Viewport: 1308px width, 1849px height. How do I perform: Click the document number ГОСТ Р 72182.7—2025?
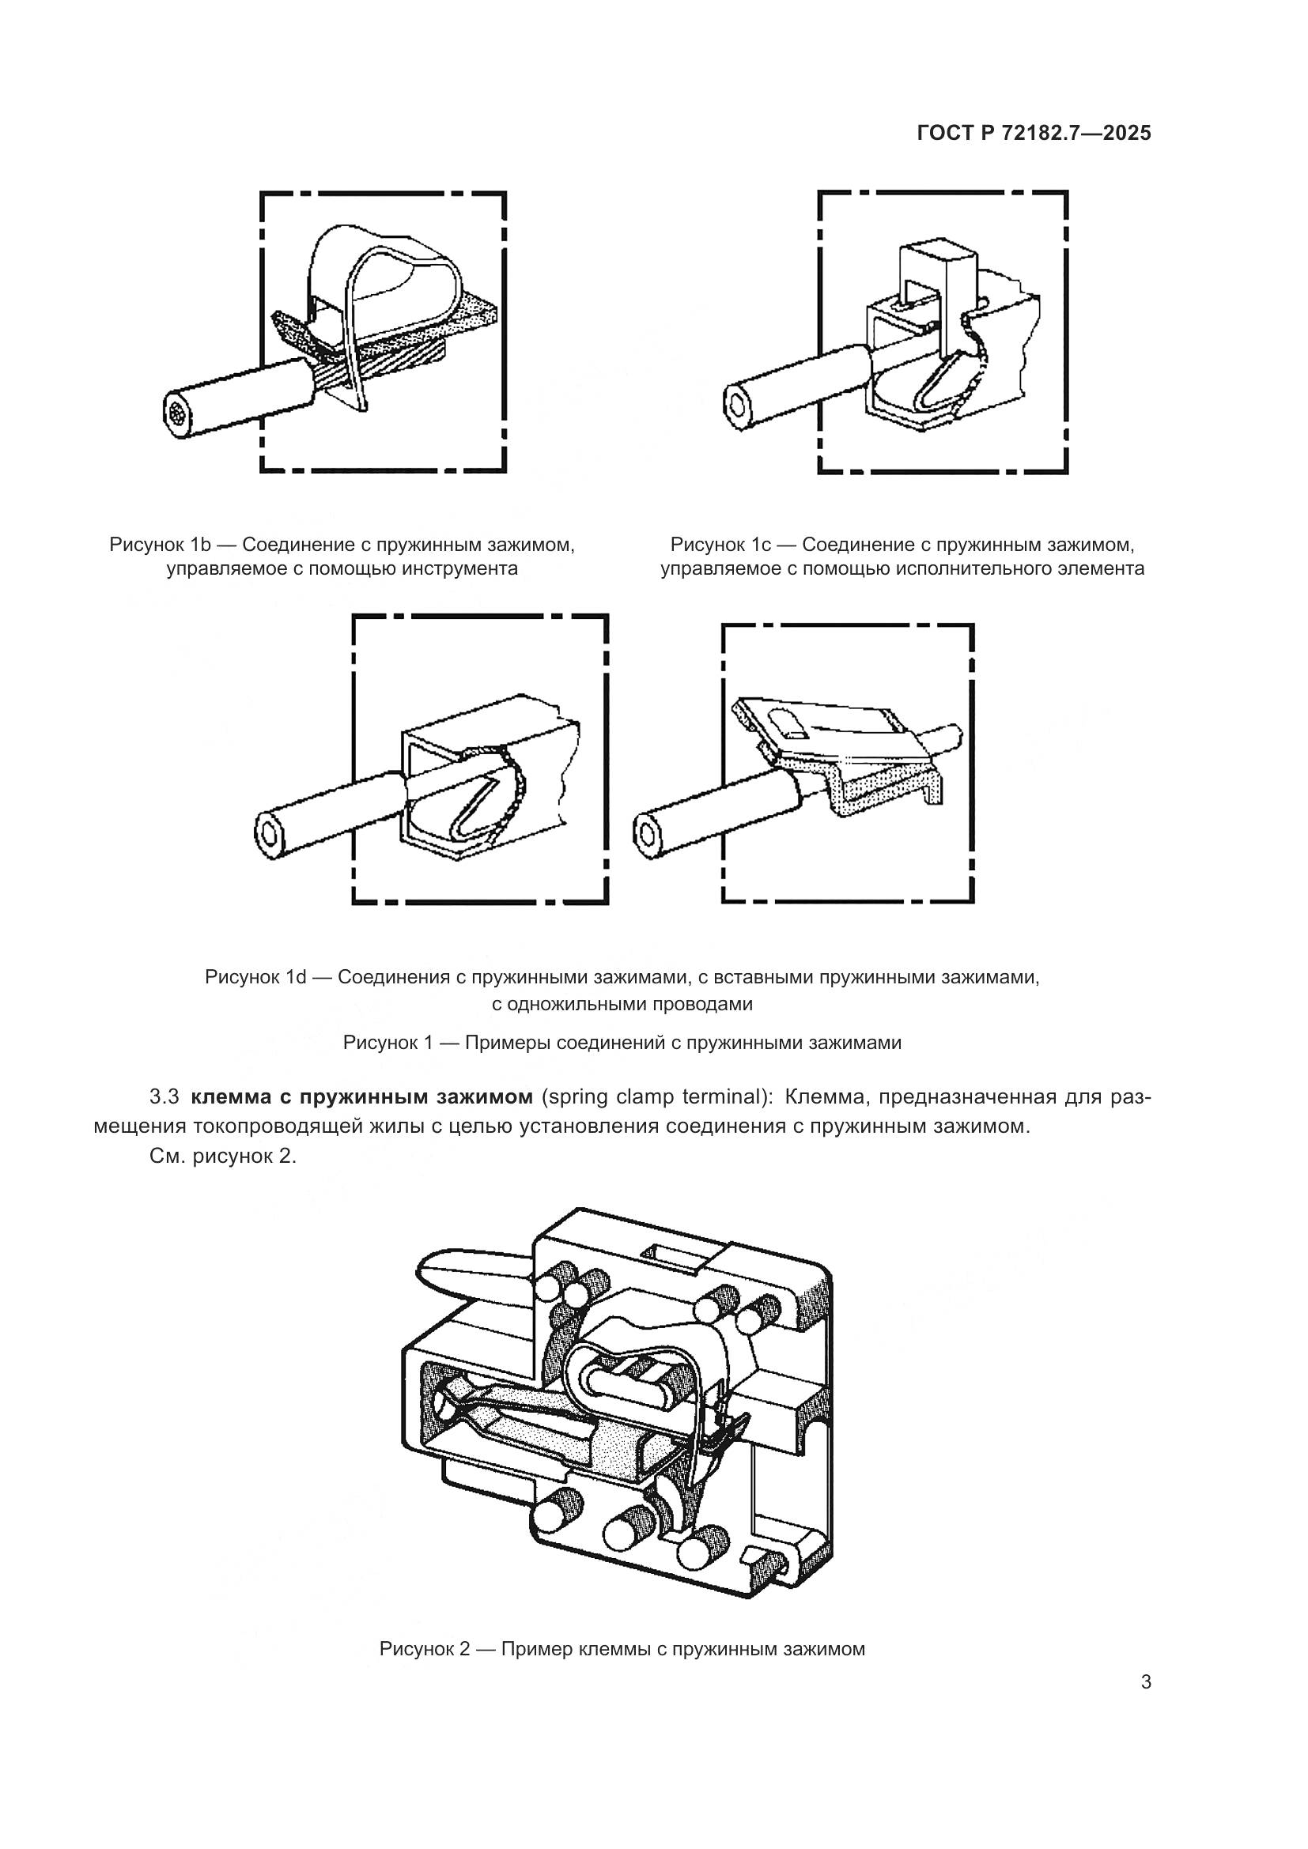point(1034,134)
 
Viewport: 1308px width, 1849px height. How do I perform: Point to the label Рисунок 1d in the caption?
point(255,978)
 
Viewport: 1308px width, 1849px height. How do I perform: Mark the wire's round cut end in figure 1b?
point(179,416)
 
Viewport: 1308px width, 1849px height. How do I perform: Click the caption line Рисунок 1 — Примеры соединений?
point(622,1043)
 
